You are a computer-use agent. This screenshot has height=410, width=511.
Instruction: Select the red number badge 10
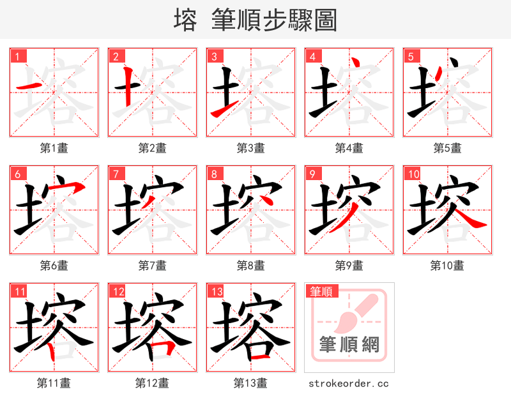413,174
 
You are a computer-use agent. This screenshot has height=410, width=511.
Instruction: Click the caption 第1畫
54,148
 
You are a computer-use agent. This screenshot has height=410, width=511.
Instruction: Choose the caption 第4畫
349,148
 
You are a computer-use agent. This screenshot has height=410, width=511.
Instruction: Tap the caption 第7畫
153,265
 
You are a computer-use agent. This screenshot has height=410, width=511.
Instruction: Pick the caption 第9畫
349,265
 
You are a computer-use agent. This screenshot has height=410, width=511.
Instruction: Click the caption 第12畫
153,383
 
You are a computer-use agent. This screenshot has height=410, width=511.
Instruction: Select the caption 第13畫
251,383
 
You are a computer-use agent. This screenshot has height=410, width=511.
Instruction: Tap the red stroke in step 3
218,112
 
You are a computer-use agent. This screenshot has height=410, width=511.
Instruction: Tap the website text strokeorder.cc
349,384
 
